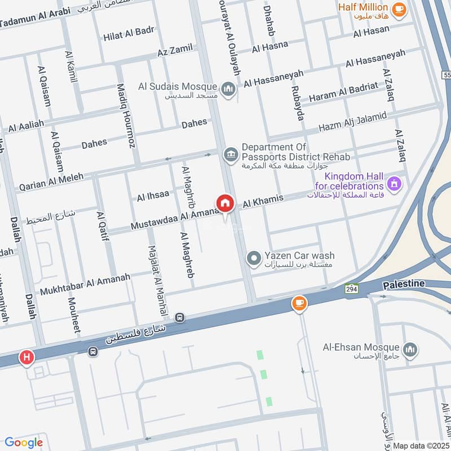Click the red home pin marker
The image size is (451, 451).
click(x=225, y=203)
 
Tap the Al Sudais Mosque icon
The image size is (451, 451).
click(x=228, y=90)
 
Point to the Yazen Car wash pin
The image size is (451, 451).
click(x=254, y=259)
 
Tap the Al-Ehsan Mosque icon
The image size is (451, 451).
click(x=410, y=349)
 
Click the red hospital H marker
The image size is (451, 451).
click(x=26, y=357)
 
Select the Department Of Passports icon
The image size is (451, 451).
click(x=230, y=153)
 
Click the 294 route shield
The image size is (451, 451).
click(x=352, y=288)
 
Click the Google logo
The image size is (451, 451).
click(x=24, y=443)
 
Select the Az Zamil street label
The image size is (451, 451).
click(x=175, y=51)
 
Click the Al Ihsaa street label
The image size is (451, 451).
click(x=153, y=196)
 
